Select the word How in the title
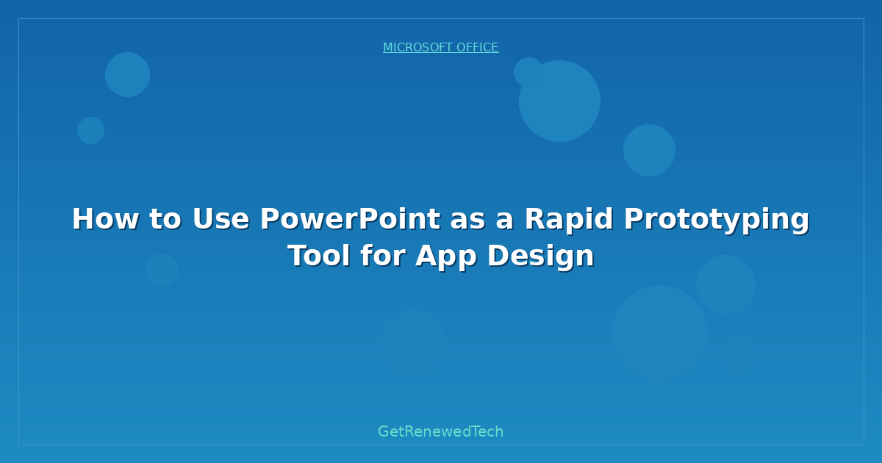[105, 219]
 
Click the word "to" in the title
[165, 220]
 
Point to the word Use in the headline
[221, 219]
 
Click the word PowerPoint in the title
[350, 219]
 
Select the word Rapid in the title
[569, 220]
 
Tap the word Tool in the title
[319, 256]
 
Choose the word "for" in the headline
[383, 256]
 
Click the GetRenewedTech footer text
[440, 431]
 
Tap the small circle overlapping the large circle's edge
[528, 72]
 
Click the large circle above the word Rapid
[559, 101]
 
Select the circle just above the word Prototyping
[649, 151]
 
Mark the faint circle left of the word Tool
[162, 270]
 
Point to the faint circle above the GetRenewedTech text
[412, 343]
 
